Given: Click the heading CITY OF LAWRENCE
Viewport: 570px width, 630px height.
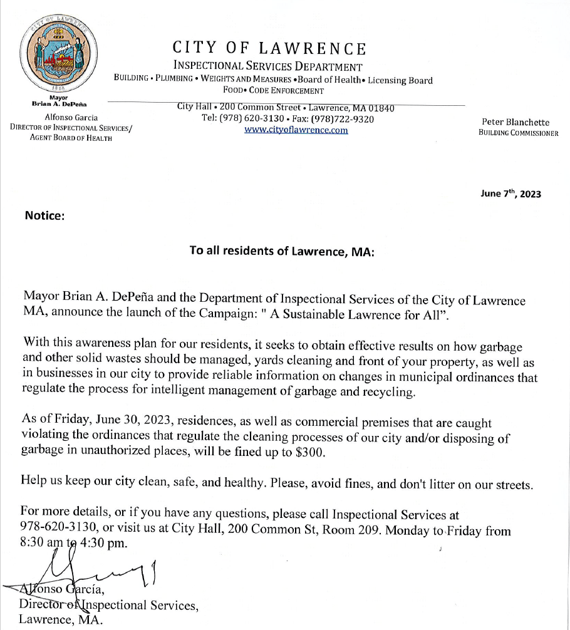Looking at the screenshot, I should (269, 48).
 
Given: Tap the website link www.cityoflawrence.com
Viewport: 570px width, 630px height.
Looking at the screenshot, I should (296, 130).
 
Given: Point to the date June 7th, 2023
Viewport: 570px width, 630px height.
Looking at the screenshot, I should (510, 194).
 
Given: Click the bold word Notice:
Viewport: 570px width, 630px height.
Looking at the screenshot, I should (44, 215).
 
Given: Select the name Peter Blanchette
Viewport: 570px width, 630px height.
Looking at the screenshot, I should (516, 122).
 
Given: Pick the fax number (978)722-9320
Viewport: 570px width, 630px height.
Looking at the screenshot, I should (348, 119).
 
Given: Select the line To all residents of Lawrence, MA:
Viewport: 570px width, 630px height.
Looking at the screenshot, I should (282, 250).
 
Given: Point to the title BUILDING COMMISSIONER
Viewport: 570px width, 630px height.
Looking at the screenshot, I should (518, 133).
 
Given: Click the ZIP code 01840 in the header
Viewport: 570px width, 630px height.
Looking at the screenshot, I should (380, 108).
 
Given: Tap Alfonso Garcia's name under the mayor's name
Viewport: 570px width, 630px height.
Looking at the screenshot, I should (71, 117).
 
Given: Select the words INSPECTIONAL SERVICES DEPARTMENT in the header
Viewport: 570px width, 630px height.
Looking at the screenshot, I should (267, 67).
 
